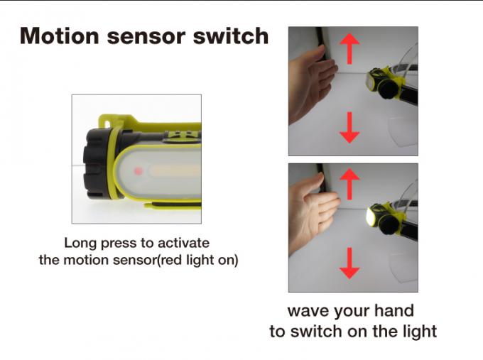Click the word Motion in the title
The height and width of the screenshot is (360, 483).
pos(60,36)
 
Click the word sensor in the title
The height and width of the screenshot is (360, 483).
pos(146,37)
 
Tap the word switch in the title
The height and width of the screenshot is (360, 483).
pos(231,36)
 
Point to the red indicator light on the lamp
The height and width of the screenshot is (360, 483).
pos(139,171)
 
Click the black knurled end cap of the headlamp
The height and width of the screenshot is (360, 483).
pos(96,163)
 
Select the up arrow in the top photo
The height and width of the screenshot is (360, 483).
pos(349,48)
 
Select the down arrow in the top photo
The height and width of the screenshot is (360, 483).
pos(349,128)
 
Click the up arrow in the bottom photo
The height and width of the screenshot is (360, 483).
pos(349,184)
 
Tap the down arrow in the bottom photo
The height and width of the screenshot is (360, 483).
pos(349,263)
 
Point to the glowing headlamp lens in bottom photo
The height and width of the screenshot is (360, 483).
pos(369,218)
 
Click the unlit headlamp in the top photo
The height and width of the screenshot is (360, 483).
pos(384,82)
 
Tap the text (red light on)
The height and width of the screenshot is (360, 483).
pos(197,260)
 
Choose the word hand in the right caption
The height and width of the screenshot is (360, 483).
pos(394,310)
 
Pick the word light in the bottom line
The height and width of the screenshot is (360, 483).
pos(420,332)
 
